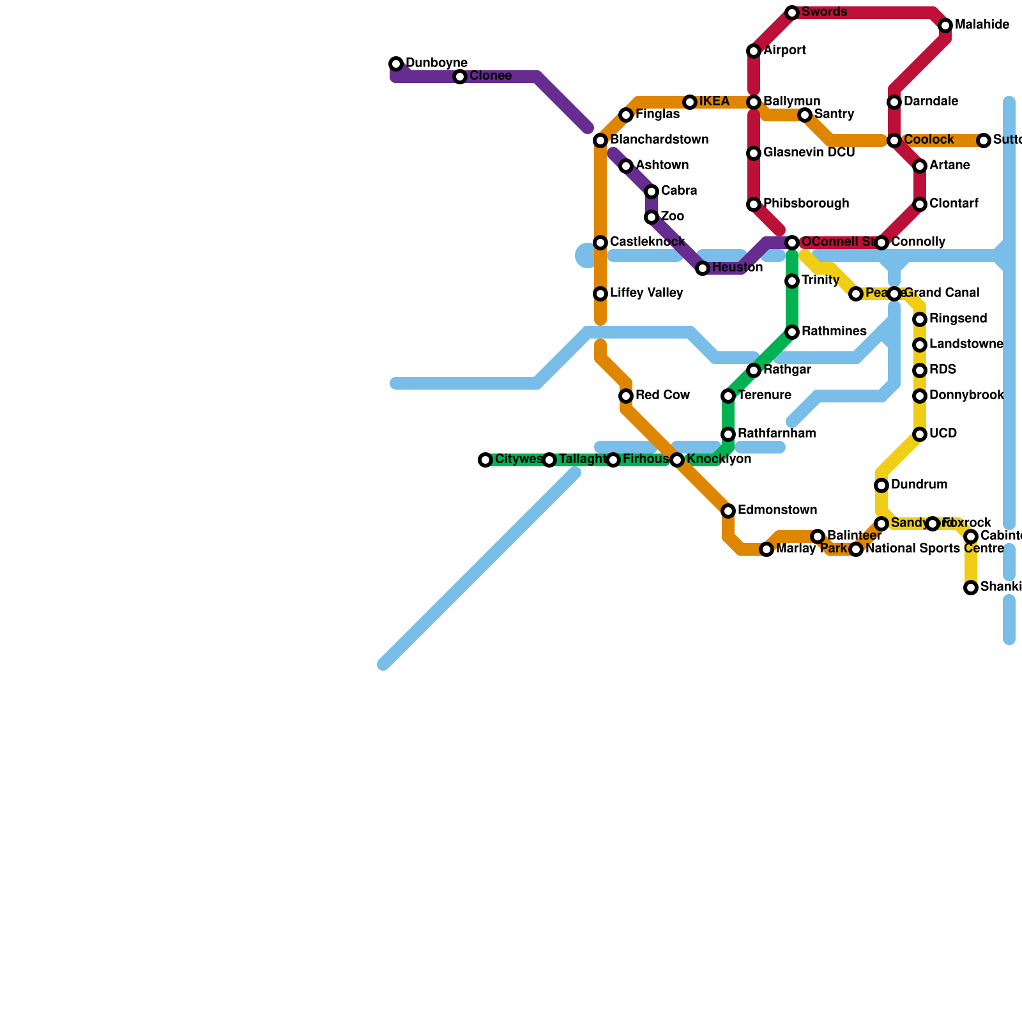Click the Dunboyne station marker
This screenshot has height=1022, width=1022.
point(396,64)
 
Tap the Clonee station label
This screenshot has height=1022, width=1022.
point(490,77)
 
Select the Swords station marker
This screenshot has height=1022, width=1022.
point(792,13)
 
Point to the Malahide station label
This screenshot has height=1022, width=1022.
point(982,26)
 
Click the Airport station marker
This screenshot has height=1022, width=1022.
point(754,51)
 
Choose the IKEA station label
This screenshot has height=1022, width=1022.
point(713,102)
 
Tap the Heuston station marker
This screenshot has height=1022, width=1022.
point(703,268)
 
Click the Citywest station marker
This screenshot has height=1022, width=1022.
point(485,460)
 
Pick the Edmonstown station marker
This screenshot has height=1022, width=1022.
point(728,511)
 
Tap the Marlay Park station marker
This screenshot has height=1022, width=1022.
point(766,549)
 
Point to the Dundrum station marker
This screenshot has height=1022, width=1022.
point(881,485)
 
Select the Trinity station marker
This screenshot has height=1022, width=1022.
point(792,281)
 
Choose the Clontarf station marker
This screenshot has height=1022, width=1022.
point(920,204)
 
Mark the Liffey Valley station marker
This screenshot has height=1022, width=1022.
point(600,294)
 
